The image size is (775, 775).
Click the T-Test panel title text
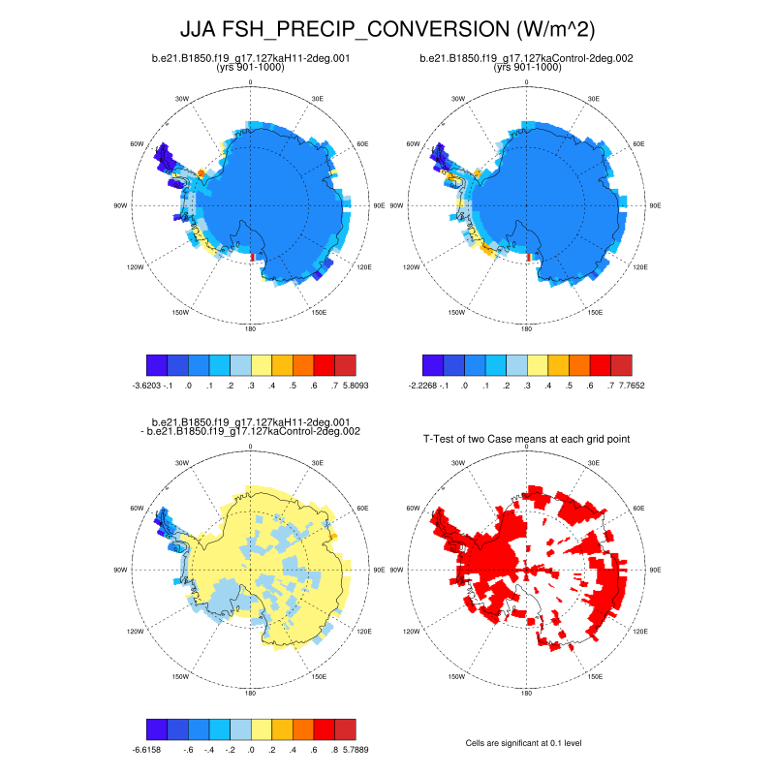(x=527, y=439)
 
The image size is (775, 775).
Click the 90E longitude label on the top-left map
(x=379, y=205)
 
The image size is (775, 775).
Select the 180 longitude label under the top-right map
(x=527, y=329)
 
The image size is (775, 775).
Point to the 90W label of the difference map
(x=120, y=570)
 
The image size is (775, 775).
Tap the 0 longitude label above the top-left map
(x=251, y=82)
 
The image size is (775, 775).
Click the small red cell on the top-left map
(x=252, y=257)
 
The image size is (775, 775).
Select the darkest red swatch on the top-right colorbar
(x=621, y=364)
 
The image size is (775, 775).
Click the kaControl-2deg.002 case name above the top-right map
(x=527, y=58)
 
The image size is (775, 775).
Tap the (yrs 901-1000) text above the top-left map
(x=251, y=68)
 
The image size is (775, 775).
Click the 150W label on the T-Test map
(x=454, y=676)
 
